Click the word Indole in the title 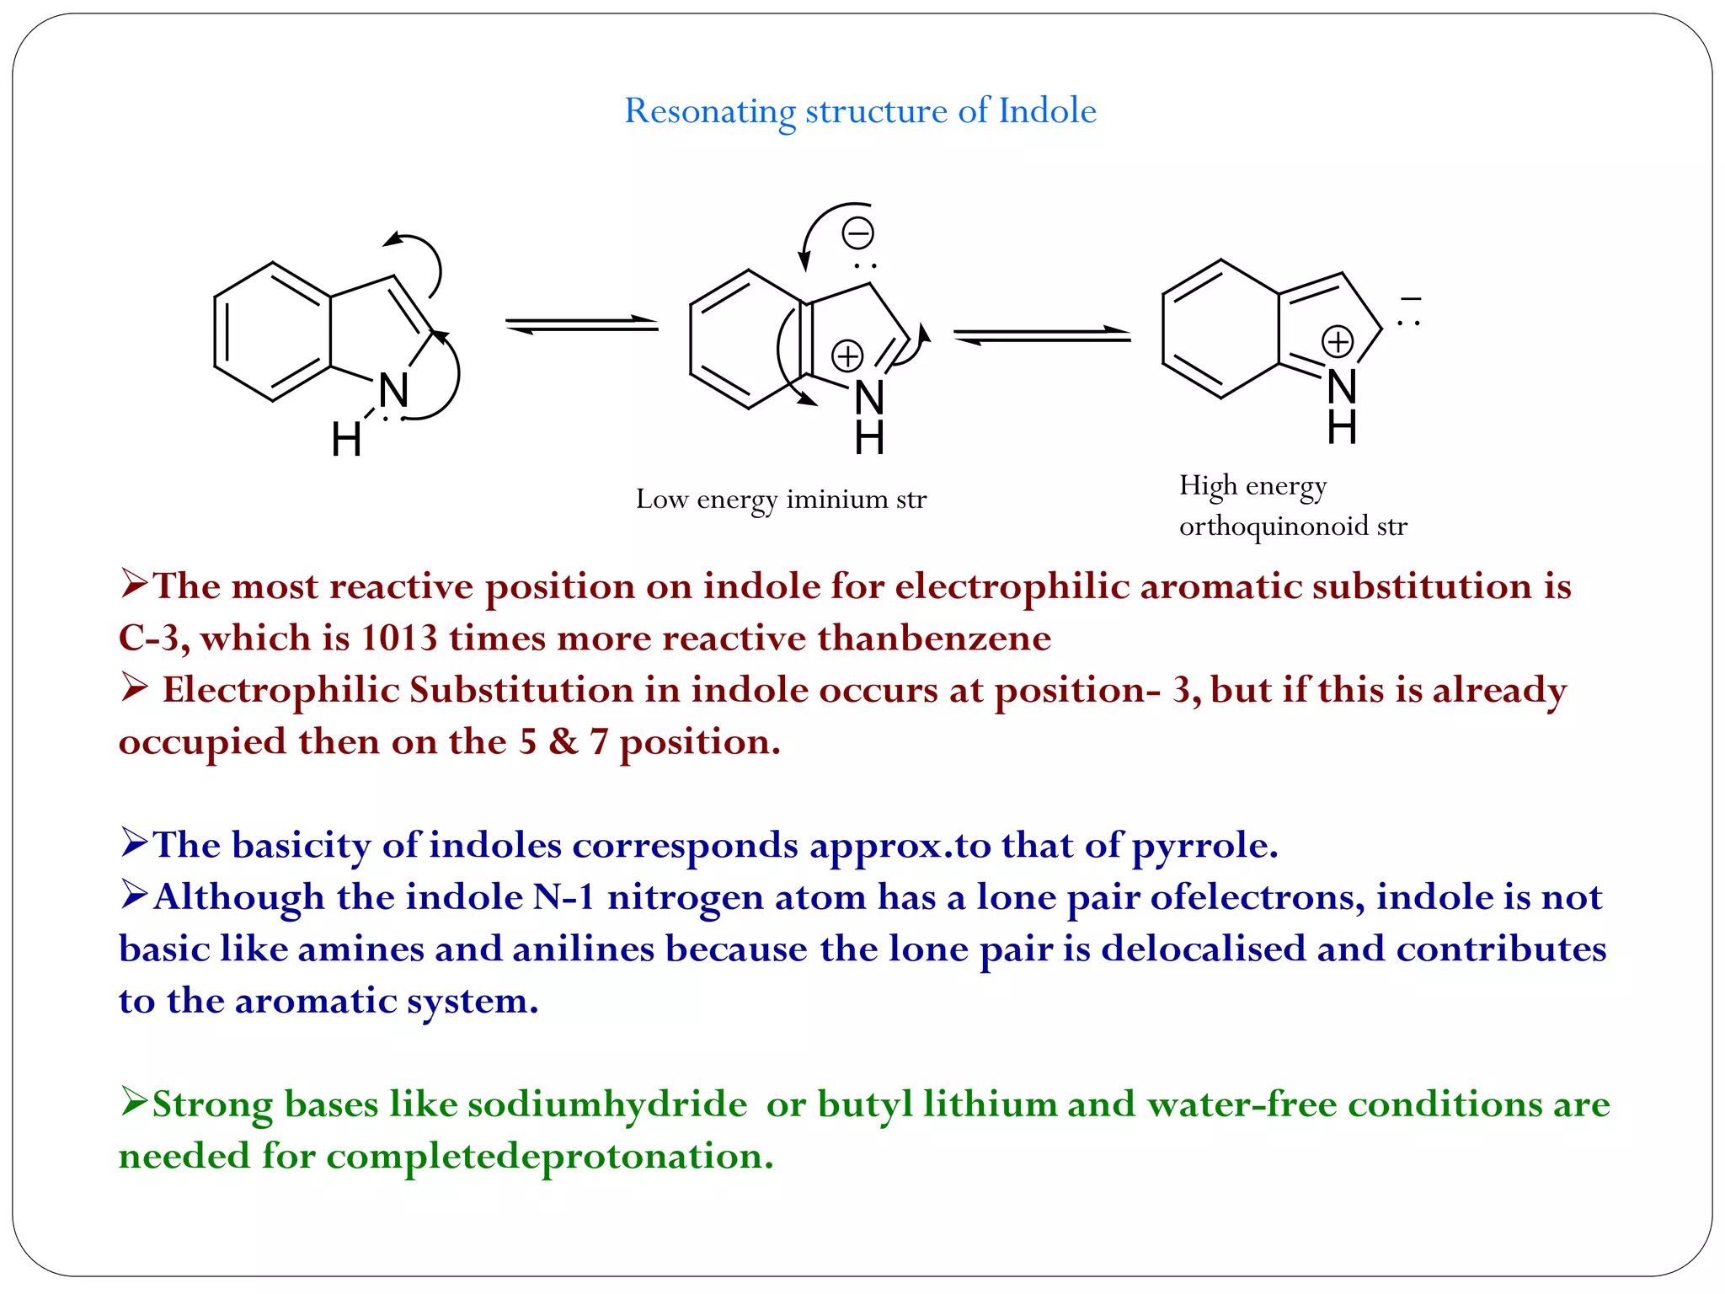click(x=1047, y=110)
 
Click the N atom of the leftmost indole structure click(x=393, y=390)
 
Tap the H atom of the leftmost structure click(x=346, y=440)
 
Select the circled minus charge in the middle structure click(x=858, y=233)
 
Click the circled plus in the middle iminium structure click(x=847, y=356)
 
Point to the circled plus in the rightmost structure click(x=1338, y=342)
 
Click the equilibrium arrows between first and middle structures click(x=581, y=324)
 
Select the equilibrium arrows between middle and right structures click(x=1042, y=335)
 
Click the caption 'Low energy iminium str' click(x=781, y=500)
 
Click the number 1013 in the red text click(x=399, y=638)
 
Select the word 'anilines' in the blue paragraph click(x=583, y=949)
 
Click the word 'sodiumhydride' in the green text click(x=606, y=1104)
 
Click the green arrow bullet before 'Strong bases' click(x=134, y=1101)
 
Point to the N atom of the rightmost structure click(x=1342, y=387)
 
